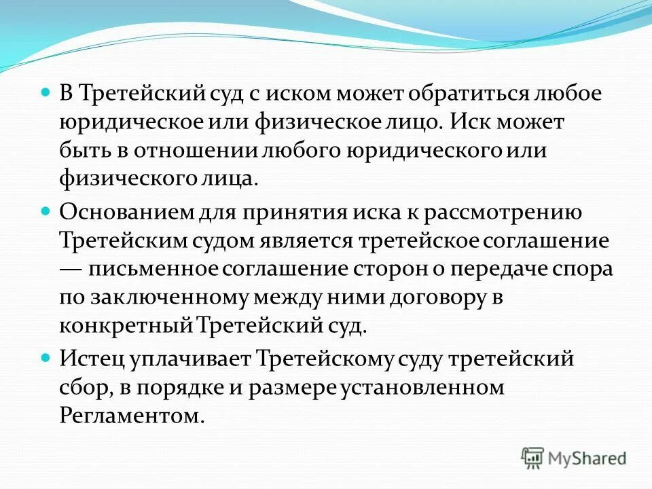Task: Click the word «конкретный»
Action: pyautogui.click(x=127, y=325)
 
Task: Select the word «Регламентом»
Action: pyautogui.click(x=132, y=414)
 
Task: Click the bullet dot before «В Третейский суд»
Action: pyautogui.click(x=46, y=91)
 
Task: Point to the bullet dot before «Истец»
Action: pyautogui.click(x=46, y=355)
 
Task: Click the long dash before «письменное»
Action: pyautogui.click(x=73, y=268)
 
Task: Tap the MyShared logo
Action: pyautogui.click(x=575, y=458)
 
